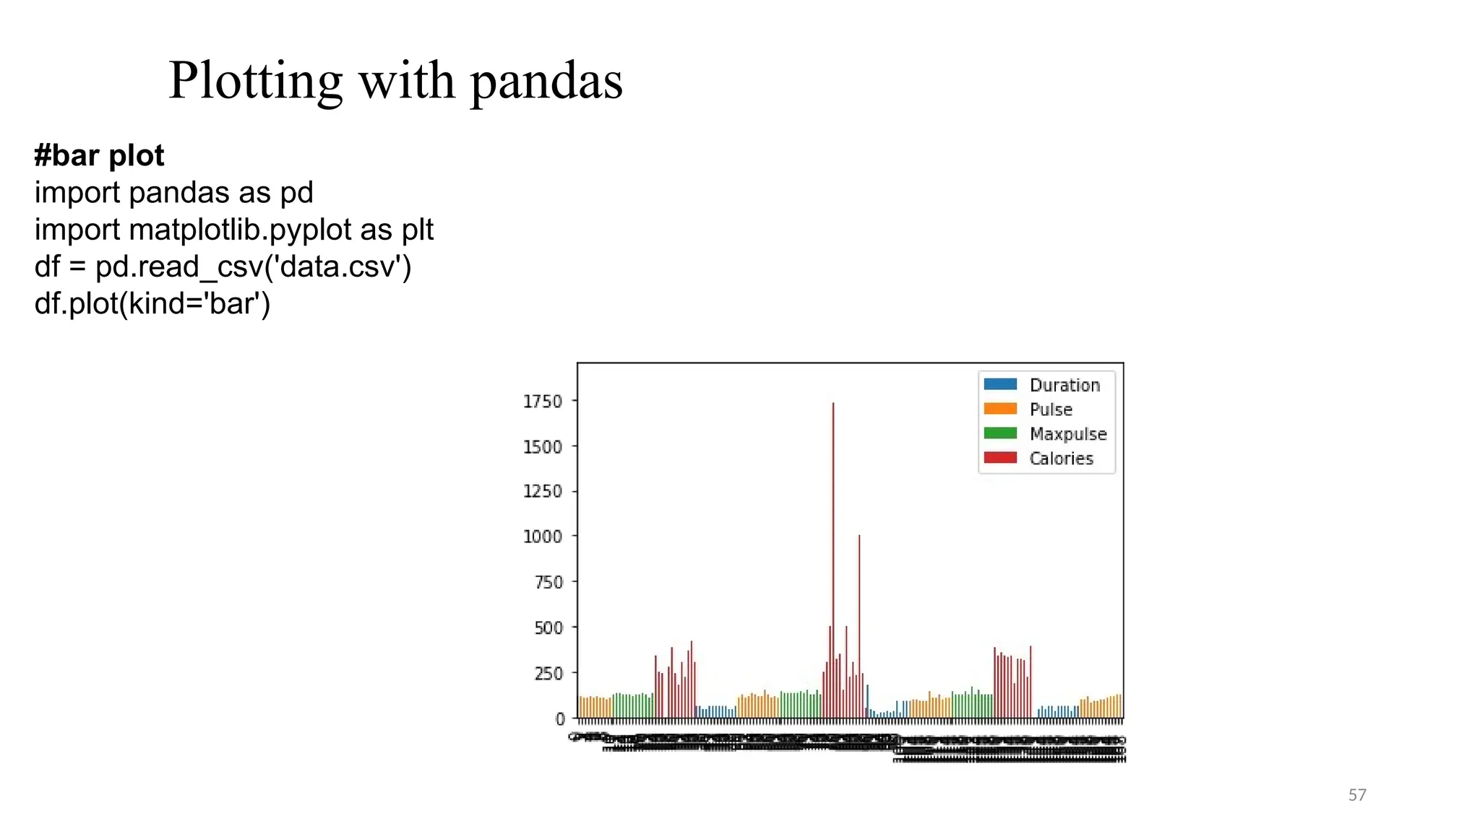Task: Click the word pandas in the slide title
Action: coord(546,81)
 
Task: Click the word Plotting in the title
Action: coord(255,81)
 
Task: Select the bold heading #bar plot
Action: coord(99,156)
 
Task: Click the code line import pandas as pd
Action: coord(173,193)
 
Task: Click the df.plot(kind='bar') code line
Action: coord(152,304)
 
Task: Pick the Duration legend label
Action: coord(1064,386)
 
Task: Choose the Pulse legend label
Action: coord(1051,409)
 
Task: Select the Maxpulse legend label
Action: coord(1068,434)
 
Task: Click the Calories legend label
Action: coord(1061,459)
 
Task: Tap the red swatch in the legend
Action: coord(1000,458)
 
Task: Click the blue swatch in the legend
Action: coord(1000,384)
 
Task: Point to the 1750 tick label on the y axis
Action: coord(542,402)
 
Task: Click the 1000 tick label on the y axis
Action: coord(542,537)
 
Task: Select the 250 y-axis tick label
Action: coord(548,673)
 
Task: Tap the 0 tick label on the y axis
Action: coord(560,719)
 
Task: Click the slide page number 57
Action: coord(1357,795)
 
